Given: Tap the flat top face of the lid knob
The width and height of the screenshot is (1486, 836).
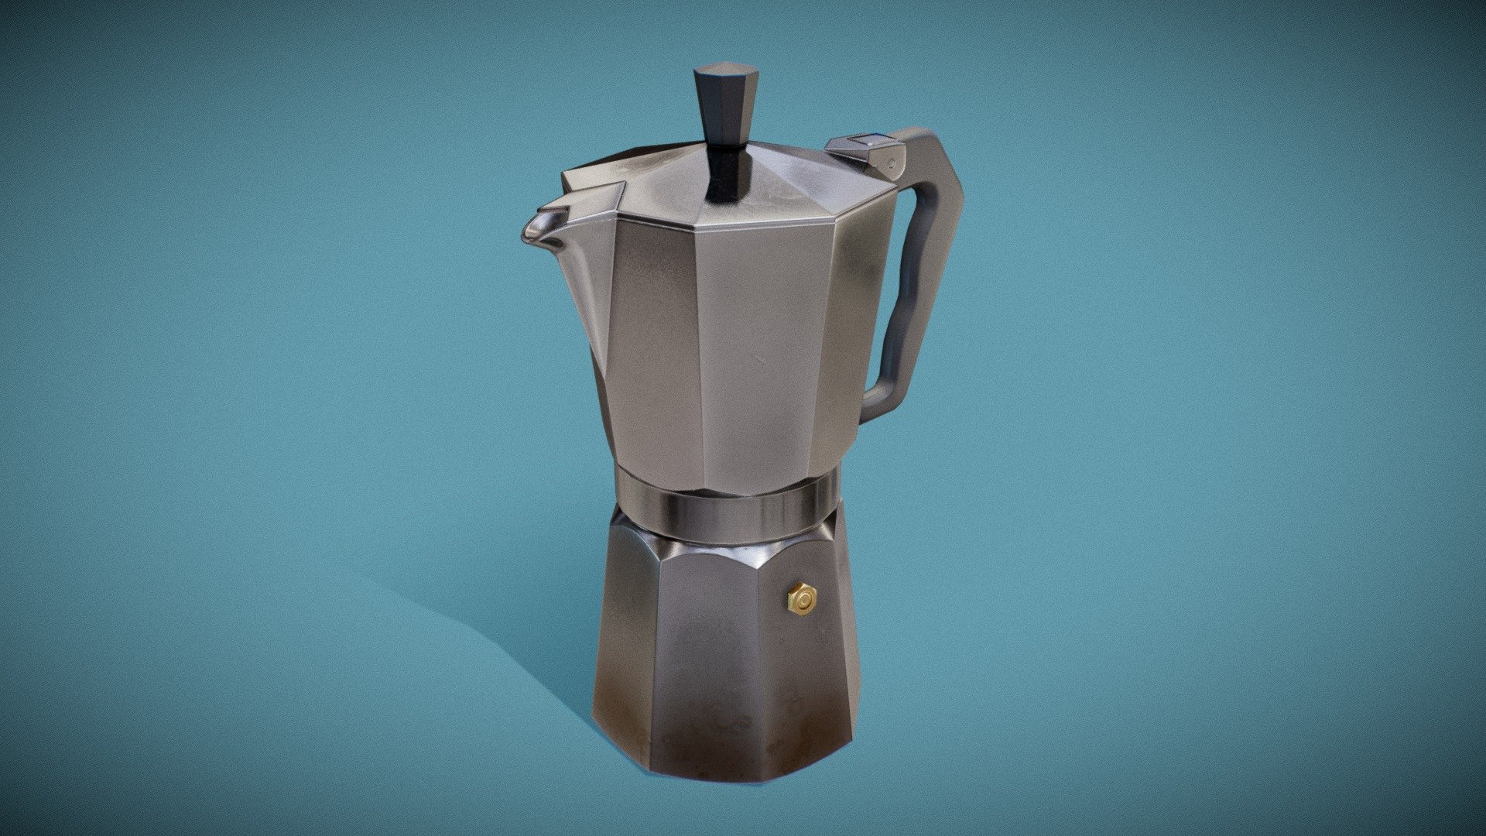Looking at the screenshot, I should [718, 74].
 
